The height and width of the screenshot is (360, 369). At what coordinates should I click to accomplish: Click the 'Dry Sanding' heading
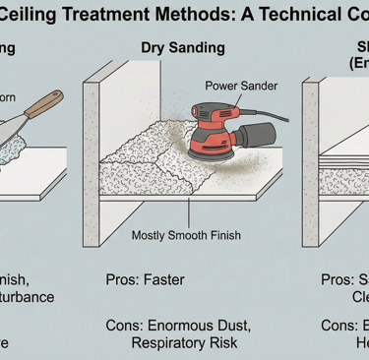point(183,47)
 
